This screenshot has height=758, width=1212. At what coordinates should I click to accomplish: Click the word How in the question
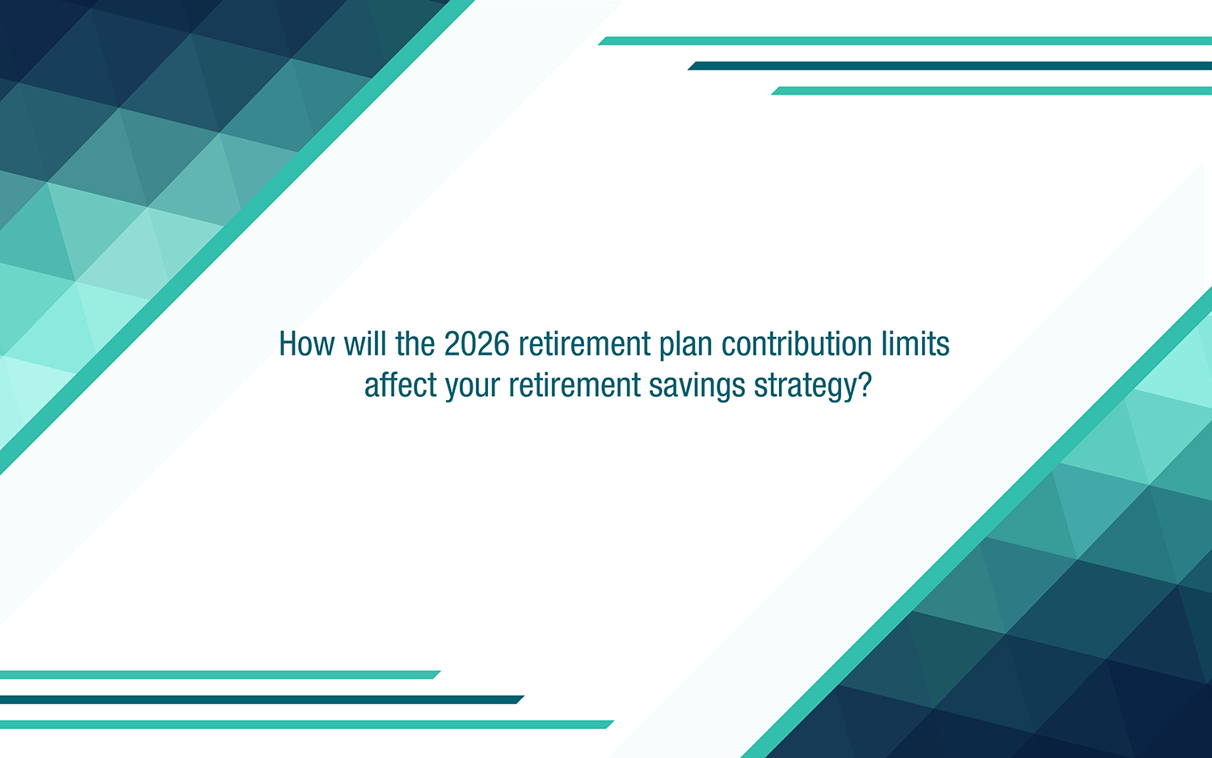(306, 344)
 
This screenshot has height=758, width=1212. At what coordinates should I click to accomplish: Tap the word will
(365, 344)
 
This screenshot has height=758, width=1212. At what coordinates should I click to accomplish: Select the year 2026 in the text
(477, 344)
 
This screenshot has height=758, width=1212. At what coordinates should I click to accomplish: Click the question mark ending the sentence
(865, 385)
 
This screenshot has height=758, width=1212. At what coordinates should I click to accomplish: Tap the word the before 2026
(415, 344)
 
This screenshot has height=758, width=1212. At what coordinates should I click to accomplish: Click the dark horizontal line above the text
(949, 65)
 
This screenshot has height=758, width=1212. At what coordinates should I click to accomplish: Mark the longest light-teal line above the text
(905, 40)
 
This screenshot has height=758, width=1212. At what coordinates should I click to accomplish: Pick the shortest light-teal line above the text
(991, 91)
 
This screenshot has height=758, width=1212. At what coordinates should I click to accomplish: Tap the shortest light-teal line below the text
(218, 675)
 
